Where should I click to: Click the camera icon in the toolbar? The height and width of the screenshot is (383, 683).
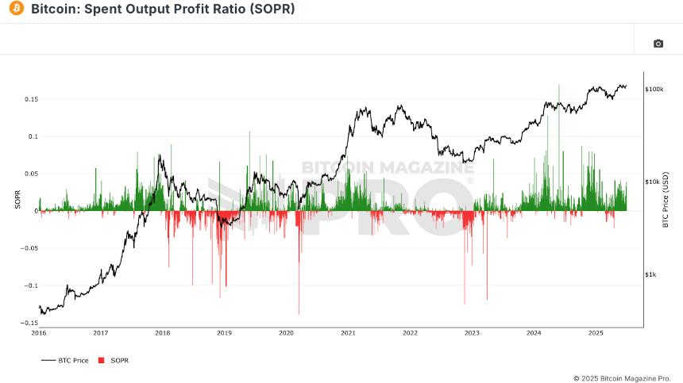(x=658, y=44)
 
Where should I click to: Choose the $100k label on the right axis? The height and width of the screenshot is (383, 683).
(x=654, y=89)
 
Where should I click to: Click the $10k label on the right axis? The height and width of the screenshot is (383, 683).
(x=653, y=182)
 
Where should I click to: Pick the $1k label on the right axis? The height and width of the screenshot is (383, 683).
(x=651, y=274)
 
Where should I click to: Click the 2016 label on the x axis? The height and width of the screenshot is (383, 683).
(x=39, y=333)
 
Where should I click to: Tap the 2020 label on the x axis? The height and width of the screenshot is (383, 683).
(x=286, y=333)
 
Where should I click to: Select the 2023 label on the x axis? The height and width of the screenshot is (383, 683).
(x=472, y=333)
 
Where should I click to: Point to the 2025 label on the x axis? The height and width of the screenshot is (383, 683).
(x=596, y=333)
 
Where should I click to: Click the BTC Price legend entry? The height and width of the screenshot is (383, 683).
(x=65, y=360)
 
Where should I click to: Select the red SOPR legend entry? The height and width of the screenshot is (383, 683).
(x=113, y=360)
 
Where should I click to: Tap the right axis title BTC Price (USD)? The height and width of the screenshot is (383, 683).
(x=666, y=201)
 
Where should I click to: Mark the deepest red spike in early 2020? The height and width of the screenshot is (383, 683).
(x=299, y=312)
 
